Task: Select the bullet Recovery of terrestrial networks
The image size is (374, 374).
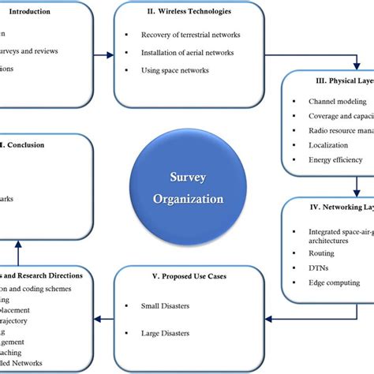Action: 189,35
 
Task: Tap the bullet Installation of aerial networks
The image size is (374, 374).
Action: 186,53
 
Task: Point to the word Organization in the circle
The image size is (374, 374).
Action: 188,199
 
